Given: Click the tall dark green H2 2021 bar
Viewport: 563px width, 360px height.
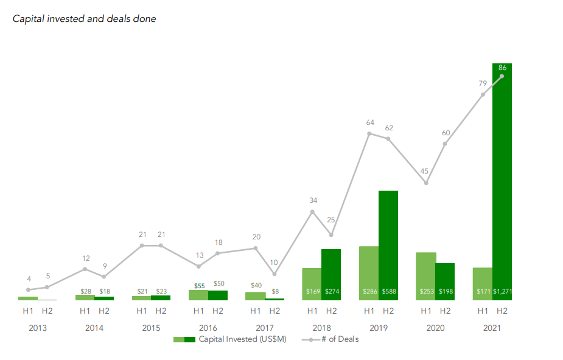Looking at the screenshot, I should (x=502, y=183).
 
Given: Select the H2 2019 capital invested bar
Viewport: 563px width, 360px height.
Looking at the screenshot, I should (x=388, y=244).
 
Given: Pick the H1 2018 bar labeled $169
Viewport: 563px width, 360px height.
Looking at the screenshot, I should (x=312, y=284).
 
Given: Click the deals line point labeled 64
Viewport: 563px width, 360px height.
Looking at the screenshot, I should (x=369, y=133).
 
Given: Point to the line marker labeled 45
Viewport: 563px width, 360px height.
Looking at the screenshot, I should (x=426, y=183).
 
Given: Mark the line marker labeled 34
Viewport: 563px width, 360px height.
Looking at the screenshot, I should (x=312, y=212).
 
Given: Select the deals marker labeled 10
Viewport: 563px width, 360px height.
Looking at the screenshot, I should (x=275, y=274).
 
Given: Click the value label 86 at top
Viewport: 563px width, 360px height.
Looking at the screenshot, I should (x=502, y=68).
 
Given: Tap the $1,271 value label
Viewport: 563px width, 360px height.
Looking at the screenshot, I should (x=503, y=292).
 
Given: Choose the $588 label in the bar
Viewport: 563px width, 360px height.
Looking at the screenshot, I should (x=389, y=292).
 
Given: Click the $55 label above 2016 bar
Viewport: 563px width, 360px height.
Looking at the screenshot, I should (x=199, y=285).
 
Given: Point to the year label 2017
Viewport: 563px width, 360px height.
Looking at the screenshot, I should (x=265, y=328).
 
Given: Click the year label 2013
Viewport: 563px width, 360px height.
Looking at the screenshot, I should (x=38, y=328).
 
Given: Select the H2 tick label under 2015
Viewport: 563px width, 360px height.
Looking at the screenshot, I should (x=161, y=311).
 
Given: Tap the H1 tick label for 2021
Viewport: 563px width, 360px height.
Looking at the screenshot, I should (x=483, y=311).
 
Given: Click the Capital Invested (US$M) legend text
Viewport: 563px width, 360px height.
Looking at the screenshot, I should (x=242, y=339).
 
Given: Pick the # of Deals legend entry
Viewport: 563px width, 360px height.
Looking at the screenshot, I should (x=340, y=339).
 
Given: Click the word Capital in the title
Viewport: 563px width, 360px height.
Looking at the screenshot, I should (x=29, y=19).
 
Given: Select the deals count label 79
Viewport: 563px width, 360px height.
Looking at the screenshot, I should (x=482, y=83).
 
